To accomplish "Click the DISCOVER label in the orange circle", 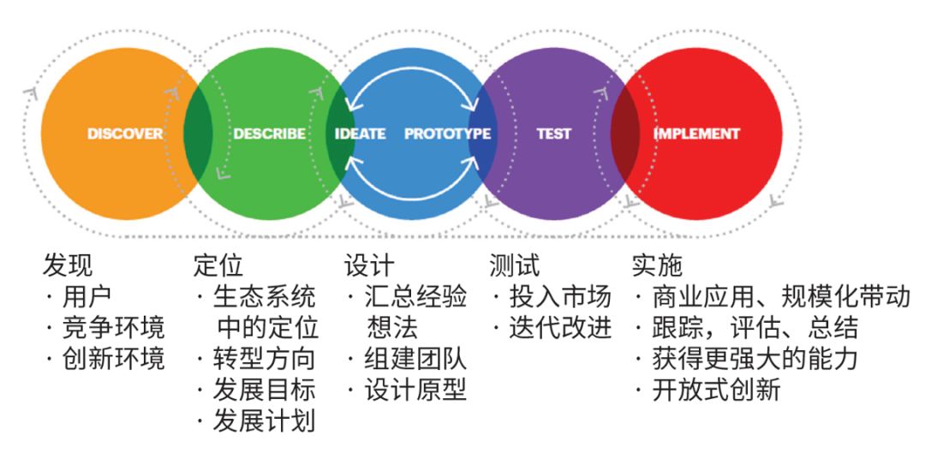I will click(125, 134).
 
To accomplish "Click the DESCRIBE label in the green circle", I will click(269, 134).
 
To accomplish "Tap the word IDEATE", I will click(361, 134).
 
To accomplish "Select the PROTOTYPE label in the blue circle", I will click(447, 134).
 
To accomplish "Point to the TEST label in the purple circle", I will click(553, 134).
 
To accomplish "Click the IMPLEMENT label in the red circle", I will click(696, 134).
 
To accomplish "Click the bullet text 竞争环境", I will click(113, 328).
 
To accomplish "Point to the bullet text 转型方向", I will click(265, 360).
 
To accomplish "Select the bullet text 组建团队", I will click(415, 360).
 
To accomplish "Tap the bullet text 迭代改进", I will click(561, 328).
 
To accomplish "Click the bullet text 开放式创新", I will click(717, 390).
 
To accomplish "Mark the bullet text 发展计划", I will click(265, 421).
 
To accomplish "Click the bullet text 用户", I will click(87, 297).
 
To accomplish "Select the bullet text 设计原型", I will click(415, 390).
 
